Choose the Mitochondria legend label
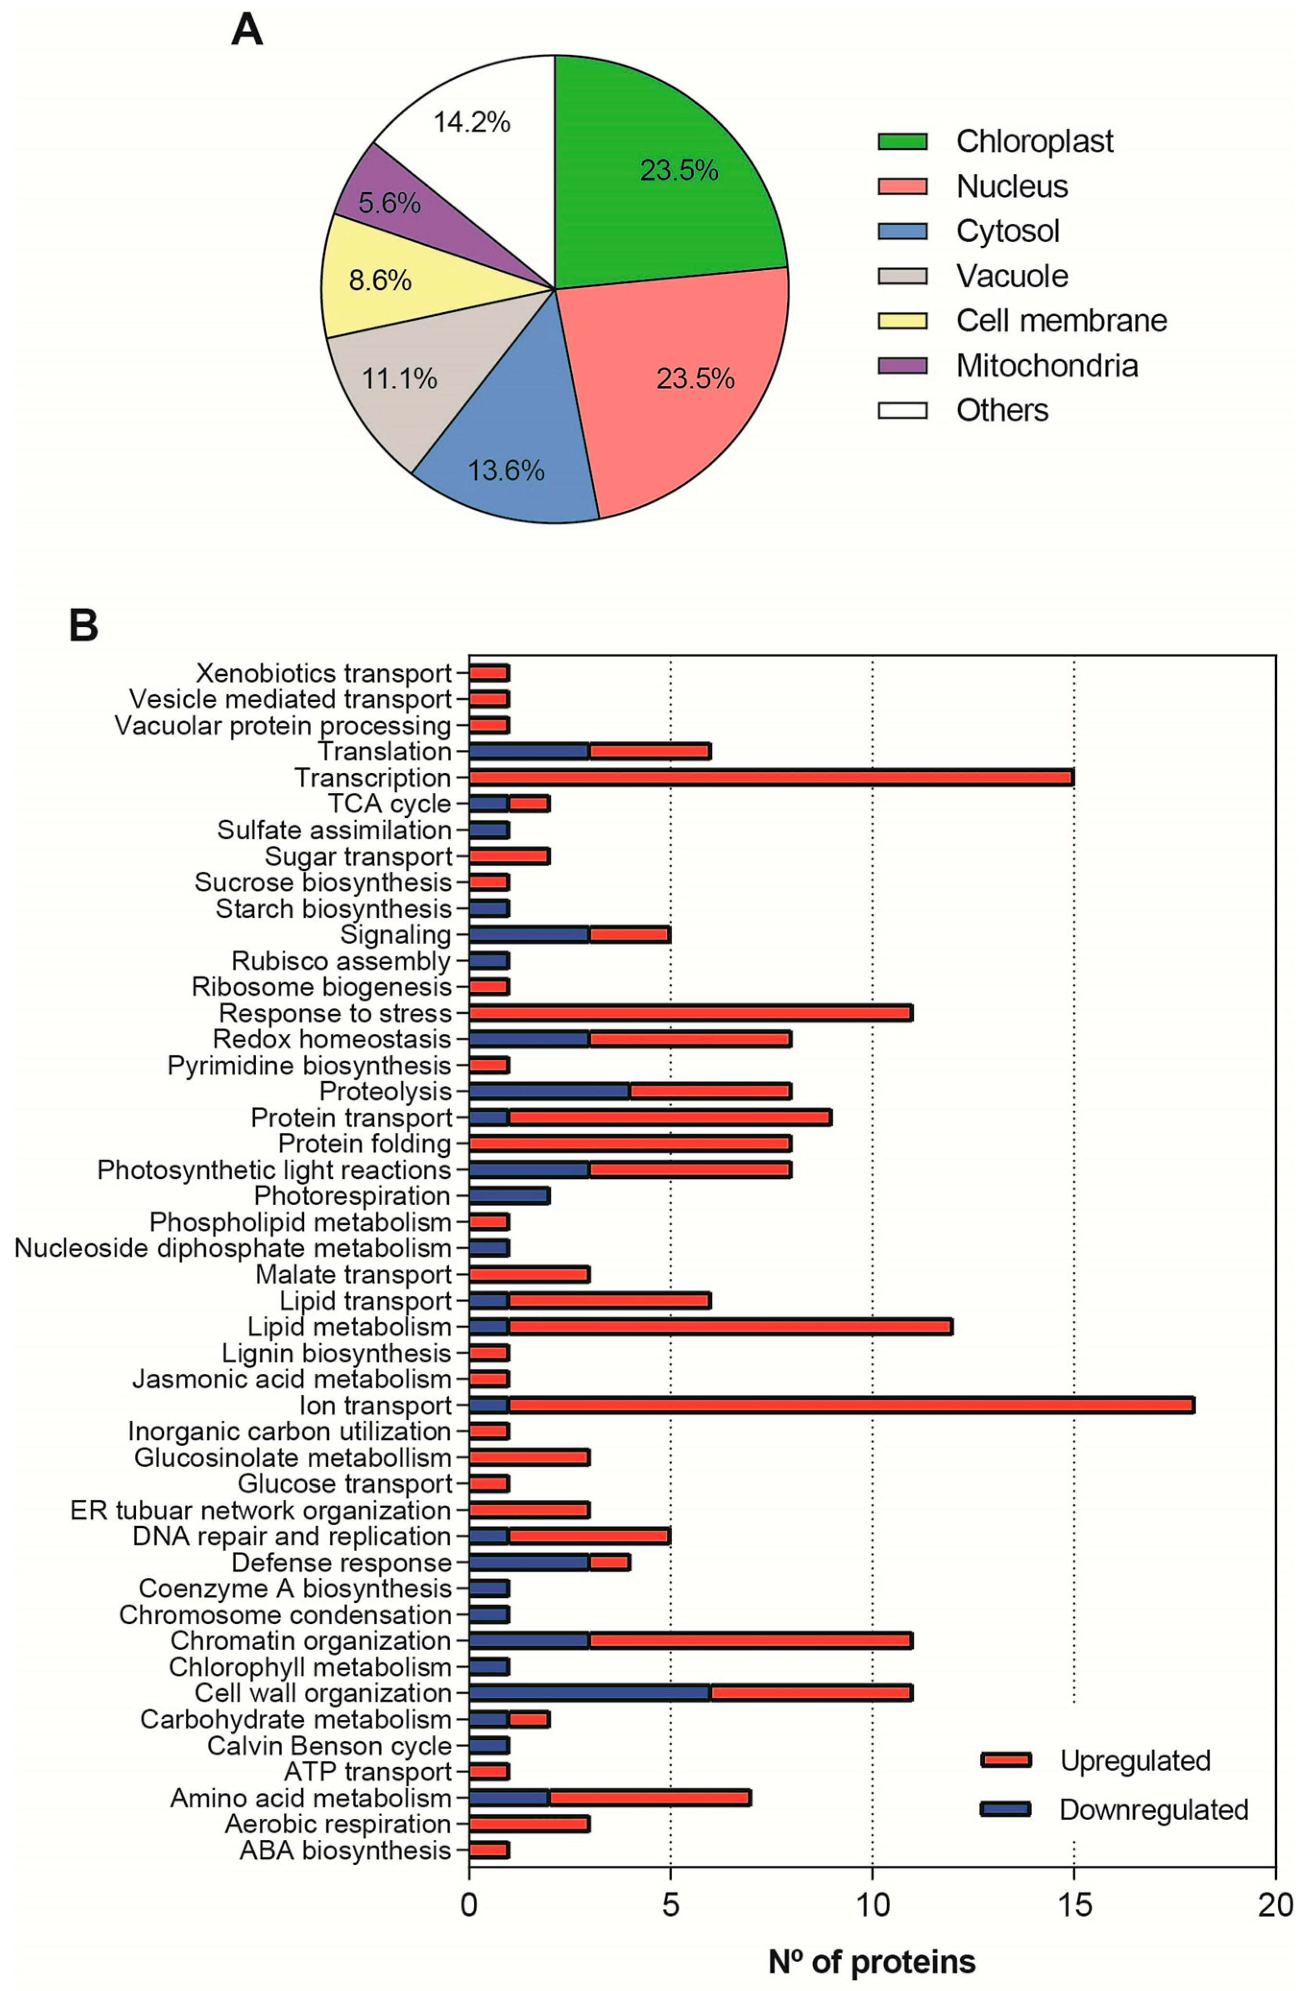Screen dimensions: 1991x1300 1047,366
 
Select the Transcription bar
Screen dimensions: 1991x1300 770,777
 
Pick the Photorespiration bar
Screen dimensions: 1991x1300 509,1196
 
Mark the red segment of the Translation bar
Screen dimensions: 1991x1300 649,751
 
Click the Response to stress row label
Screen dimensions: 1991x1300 335,1013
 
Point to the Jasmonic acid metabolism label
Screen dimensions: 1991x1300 291,1379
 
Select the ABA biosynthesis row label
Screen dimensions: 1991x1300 345,1849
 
